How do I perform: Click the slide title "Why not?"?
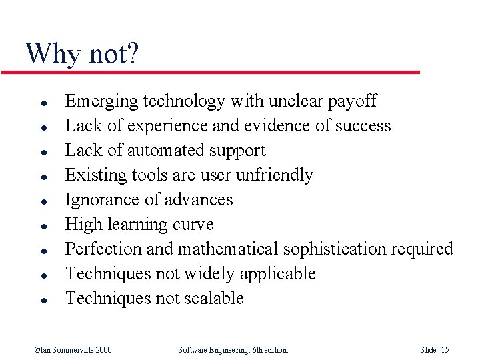81,53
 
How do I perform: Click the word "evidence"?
275,126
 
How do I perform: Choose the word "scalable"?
213,299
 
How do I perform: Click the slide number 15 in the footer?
445,350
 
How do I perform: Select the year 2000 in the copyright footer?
103,350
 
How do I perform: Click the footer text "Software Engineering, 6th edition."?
233,350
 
